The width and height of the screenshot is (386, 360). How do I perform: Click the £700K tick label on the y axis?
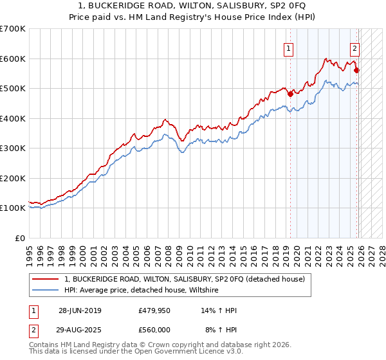13,29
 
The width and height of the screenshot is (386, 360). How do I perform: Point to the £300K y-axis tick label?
13,148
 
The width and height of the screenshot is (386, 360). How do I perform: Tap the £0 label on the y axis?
20,238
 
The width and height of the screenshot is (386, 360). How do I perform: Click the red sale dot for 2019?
290,94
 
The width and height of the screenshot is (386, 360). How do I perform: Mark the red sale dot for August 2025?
357,70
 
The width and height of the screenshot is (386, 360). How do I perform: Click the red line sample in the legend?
46,279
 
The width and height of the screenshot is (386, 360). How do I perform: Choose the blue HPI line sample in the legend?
46,290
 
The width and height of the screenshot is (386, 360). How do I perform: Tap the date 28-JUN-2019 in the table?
80,310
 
